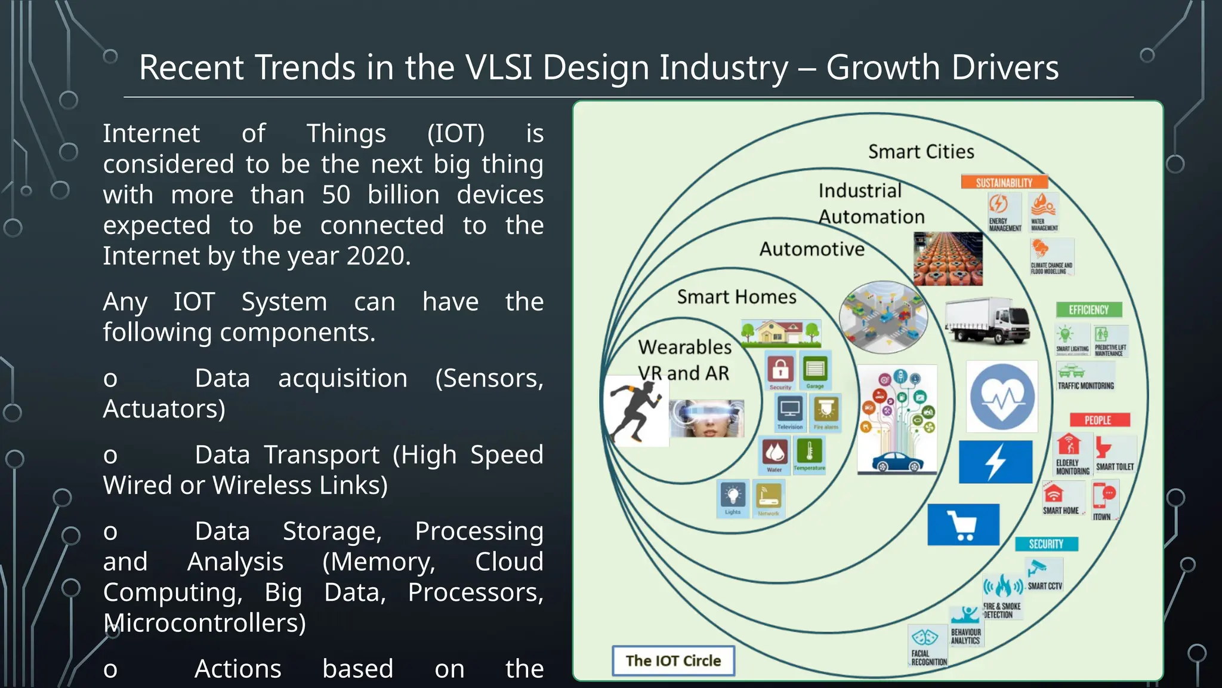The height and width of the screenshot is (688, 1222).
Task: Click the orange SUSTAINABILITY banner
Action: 1004,182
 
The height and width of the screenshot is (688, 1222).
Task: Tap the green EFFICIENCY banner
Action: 1088,309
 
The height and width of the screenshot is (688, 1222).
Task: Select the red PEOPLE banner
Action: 1098,420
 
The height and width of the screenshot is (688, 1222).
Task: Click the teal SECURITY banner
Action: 1046,543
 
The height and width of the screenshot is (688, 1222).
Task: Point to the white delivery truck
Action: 987,321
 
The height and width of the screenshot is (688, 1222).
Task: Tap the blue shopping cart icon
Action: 963,524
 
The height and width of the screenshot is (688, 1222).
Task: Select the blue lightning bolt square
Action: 995,462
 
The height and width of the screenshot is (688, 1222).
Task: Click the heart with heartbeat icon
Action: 1002,397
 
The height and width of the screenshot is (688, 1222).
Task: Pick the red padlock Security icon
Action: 780,370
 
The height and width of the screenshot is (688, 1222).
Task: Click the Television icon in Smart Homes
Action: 790,411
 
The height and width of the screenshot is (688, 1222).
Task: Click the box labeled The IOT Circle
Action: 673,661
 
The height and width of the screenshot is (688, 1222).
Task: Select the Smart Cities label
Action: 921,152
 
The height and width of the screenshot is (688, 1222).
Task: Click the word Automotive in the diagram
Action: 811,248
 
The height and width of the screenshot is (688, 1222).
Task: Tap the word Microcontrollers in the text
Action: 204,623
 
